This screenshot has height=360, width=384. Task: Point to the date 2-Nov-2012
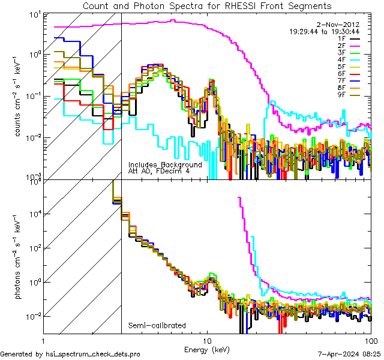pos(337,25)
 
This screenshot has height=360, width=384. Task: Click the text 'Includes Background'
pos(165,164)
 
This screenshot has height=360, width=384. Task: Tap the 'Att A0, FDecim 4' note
pos(158,171)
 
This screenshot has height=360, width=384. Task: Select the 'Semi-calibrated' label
pos(157,326)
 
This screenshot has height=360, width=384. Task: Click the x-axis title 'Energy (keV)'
pos(208,349)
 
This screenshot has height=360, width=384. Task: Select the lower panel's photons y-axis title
pos(19,256)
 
